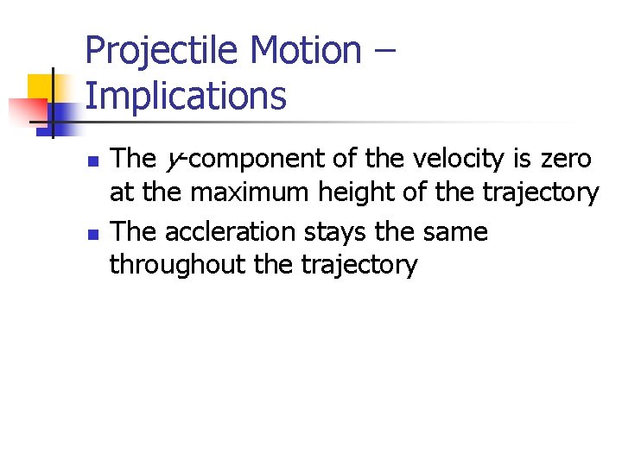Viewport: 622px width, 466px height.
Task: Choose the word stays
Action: pos(336,232)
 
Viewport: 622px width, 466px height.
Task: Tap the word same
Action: pos(454,232)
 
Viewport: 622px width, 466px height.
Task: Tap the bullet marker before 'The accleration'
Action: pos(94,234)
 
